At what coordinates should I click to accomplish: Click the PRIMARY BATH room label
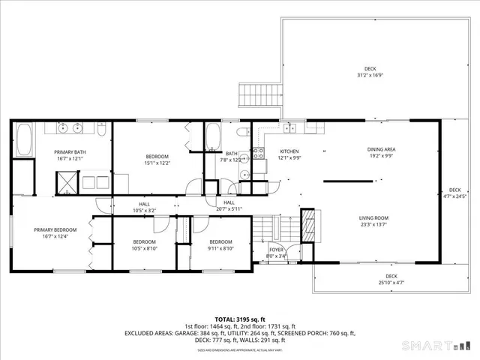70,152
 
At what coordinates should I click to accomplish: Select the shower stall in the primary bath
68,180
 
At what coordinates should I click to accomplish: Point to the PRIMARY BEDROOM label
55,230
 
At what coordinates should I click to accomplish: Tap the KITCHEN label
289,151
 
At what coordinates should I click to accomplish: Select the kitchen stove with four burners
258,154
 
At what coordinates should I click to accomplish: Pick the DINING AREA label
381,149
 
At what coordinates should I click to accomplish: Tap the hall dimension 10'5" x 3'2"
144,211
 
